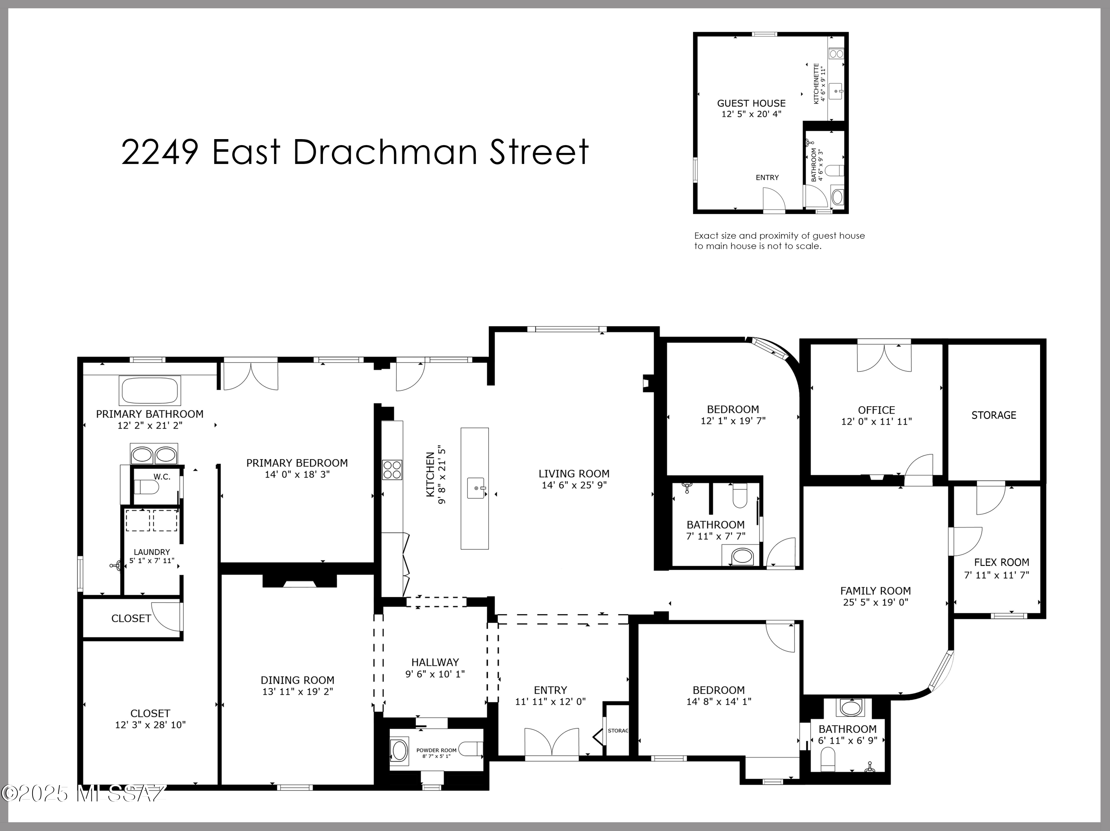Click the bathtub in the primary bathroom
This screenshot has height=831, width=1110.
pyautogui.click(x=149, y=390)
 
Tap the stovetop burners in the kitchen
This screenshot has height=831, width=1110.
pyautogui.click(x=392, y=470)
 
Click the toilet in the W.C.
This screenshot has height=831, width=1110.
pyautogui.click(x=147, y=487)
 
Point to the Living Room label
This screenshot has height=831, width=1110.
pyautogui.click(x=574, y=473)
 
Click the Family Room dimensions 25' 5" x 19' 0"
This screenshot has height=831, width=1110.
pyautogui.click(x=876, y=602)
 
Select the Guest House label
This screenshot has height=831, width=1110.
pyautogui.click(x=751, y=103)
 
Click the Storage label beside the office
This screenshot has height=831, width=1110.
pyautogui.click(x=993, y=415)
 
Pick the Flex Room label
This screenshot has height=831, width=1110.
pyautogui.click(x=1002, y=562)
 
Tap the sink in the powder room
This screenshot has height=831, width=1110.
pyautogui.click(x=400, y=751)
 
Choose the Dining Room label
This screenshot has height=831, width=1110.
pyautogui.click(x=297, y=680)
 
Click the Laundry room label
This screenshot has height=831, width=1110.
pyautogui.click(x=152, y=552)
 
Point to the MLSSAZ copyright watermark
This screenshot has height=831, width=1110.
pyautogui.click(x=84, y=793)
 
